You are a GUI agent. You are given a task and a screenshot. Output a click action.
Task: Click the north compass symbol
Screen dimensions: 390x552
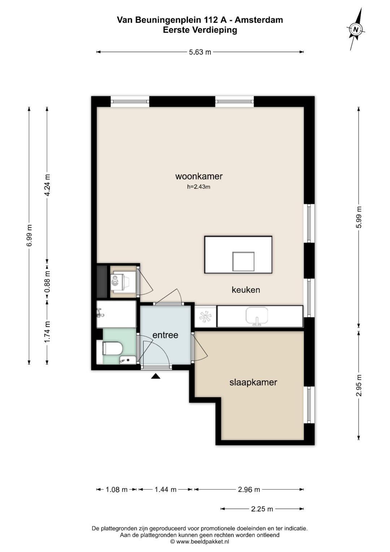click(x=356, y=29)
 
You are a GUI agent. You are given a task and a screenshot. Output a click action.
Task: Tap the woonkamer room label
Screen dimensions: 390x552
click(x=199, y=176)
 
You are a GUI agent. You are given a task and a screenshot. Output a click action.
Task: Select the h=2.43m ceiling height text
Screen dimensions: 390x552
click(x=199, y=187)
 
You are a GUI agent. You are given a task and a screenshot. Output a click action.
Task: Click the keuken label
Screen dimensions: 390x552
click(x=246, y=290)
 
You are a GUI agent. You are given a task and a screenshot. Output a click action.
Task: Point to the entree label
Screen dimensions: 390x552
click(x=165, y=335)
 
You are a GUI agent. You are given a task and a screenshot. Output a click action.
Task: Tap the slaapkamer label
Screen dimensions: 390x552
click(x=253, y=382)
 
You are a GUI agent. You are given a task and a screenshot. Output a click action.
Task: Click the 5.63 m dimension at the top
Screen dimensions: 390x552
click(x=200, y=52)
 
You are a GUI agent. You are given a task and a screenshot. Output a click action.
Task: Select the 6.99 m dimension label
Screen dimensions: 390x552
click(x=29, y=235)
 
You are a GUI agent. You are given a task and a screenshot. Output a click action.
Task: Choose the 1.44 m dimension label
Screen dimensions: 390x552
click(x=165, y=490)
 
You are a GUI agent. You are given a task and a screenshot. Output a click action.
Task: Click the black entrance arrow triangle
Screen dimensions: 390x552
click(x=156, y=376)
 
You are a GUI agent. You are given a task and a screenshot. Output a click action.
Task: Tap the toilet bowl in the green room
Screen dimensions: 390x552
click(x=112, y=348)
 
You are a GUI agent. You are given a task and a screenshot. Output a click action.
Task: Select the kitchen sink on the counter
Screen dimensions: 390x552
click(x=257, y=316)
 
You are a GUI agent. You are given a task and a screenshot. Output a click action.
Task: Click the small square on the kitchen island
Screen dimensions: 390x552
click(x=243, y=261)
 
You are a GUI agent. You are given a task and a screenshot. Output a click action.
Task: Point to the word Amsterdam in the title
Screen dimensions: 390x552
click(x=259, y=20)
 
